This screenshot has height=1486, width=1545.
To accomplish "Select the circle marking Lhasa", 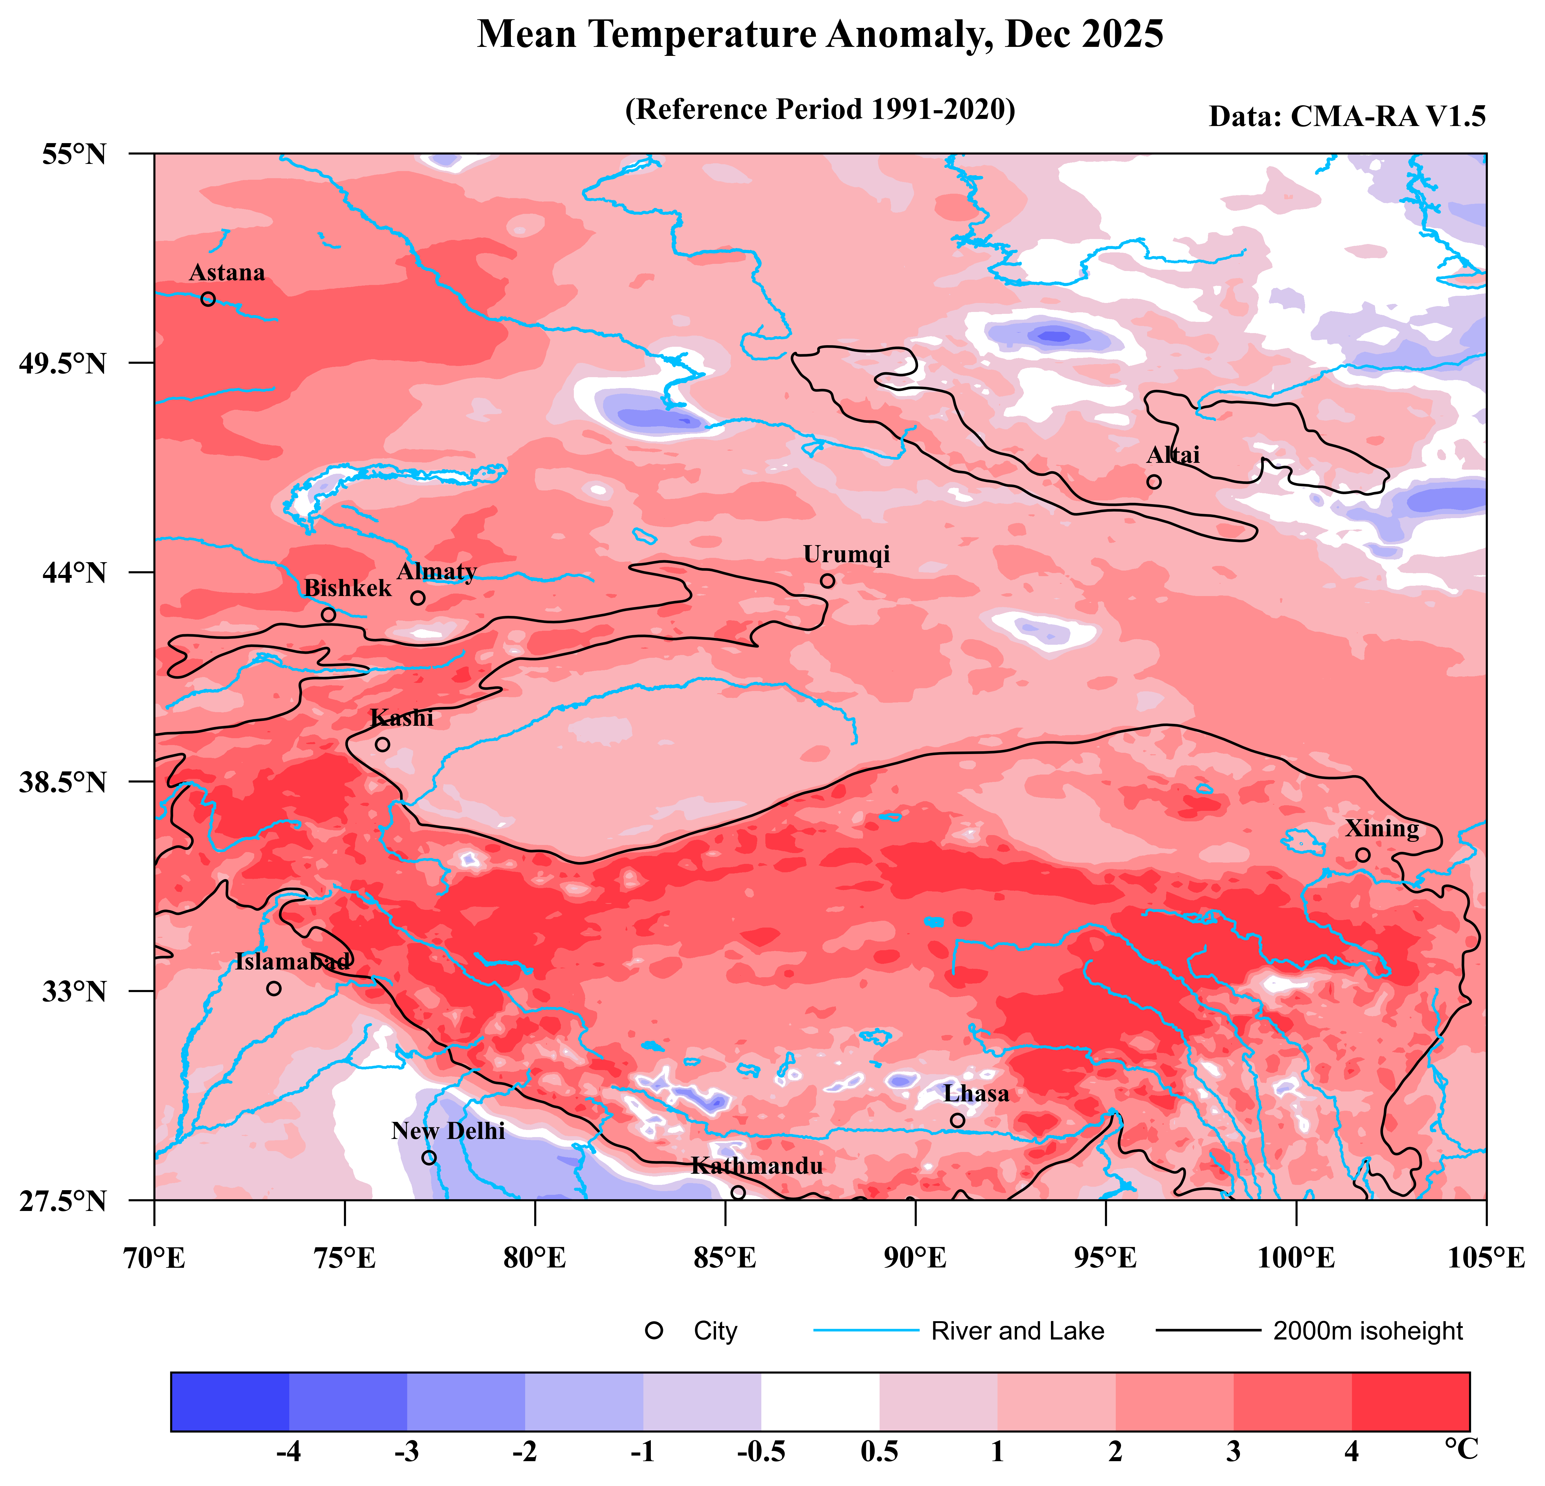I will (958, 1120).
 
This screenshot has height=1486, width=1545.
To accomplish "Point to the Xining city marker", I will (1363, 855).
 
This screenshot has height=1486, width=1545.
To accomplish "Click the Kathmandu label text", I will (757, 1166).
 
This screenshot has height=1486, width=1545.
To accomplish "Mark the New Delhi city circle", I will (429, 1157).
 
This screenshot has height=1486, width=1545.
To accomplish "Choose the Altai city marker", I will (1154, 482).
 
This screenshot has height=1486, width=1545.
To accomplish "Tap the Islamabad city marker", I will (273, 989).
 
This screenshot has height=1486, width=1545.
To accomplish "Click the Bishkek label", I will (348, 588).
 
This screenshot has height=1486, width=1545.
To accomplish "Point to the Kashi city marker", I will (382, 744).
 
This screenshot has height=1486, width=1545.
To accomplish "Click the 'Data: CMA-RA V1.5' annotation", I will (1347, 117).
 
